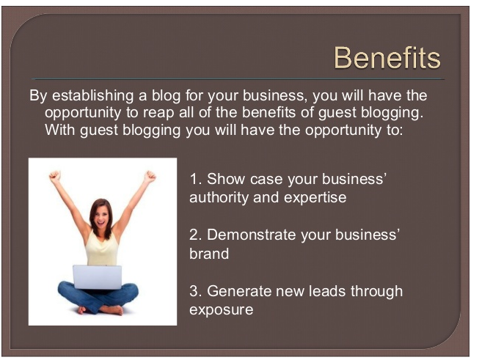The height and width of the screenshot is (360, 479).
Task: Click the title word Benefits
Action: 387,57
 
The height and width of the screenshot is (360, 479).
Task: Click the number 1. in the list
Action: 196,179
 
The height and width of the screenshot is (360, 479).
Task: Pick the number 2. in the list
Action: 196,235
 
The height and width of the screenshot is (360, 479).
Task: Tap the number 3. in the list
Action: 196,291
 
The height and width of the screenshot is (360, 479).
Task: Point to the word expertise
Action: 315,198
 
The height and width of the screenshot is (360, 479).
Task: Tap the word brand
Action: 209,254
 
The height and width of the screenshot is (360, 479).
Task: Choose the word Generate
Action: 239,291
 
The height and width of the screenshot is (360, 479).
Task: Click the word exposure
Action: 222,310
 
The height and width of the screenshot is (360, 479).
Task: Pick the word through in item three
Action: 376,291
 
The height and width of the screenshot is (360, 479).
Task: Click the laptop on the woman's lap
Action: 97,277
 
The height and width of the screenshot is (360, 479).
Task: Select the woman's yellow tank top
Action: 102,249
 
